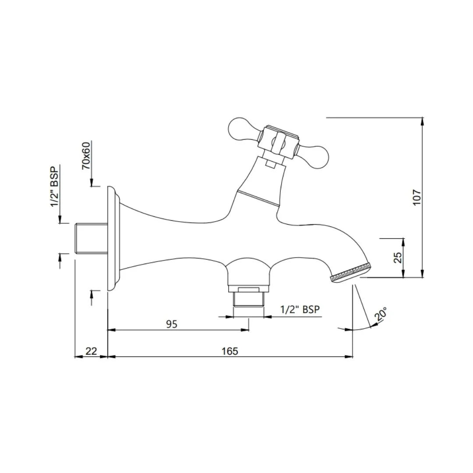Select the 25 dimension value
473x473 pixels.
(398, 258)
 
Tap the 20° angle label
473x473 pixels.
(381, 315)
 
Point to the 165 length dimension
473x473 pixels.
(229, 351)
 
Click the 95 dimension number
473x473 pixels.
(172, 324)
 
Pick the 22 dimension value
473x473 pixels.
(91, 351)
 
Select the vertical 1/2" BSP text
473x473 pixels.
(55, 187)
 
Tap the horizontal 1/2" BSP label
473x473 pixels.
(300, 310)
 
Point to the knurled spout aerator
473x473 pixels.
(351, 272)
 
